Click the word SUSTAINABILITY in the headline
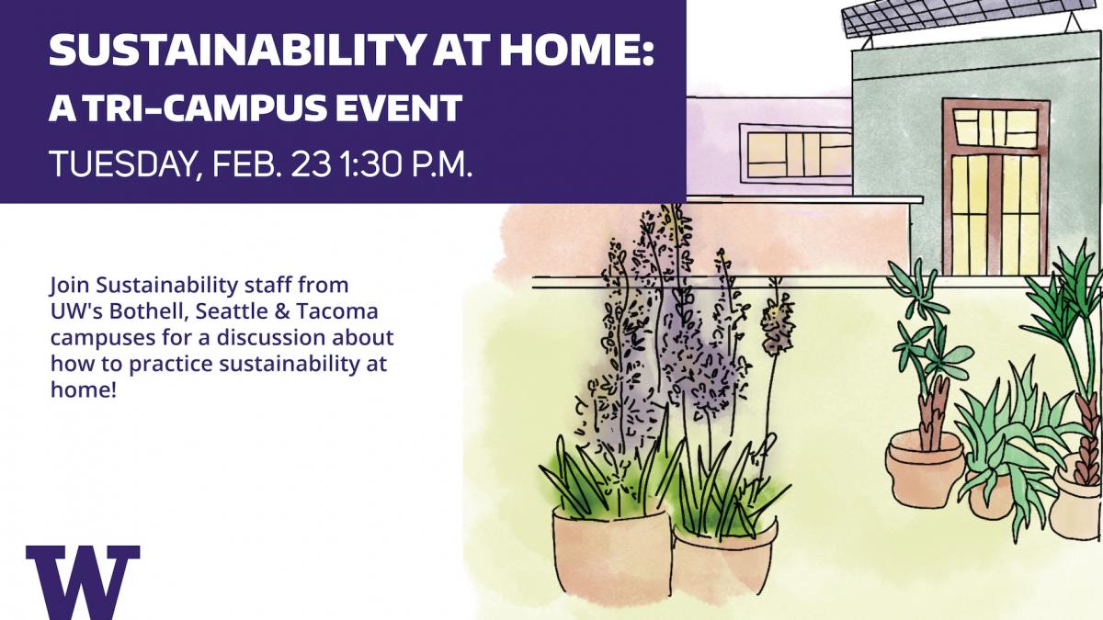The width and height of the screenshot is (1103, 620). point(236,51)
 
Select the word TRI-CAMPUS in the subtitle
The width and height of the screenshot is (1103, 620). point(202,107)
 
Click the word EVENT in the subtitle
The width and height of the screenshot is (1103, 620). point(398,107)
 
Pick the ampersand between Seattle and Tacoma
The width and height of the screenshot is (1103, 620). point(281,311)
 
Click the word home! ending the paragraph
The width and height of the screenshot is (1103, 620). point(84,389)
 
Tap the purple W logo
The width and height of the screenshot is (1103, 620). point(83,582)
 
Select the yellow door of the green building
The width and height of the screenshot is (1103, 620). point(996,214)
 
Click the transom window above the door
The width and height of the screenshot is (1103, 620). point(995,128)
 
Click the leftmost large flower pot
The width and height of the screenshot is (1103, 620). point(612,550)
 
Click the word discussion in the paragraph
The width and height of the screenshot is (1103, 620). point(271,338)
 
